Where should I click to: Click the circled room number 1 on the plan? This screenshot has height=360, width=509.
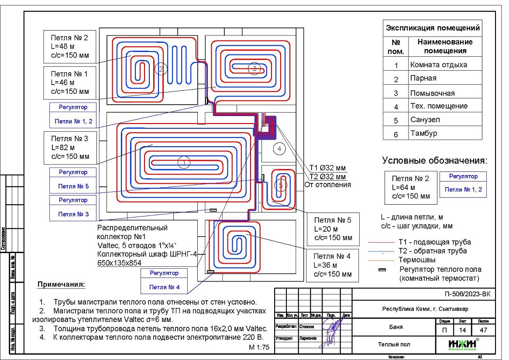point(184,163)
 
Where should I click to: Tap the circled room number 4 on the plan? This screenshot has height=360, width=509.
point(279,149)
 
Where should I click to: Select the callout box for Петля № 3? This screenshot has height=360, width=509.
point(70,147)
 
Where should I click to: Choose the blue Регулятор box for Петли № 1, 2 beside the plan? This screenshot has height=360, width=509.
point(73,114)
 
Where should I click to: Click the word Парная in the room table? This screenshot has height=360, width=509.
point(423,79)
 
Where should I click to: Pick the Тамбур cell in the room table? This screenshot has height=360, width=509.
point(423,133)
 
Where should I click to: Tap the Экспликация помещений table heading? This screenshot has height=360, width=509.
point(433,28)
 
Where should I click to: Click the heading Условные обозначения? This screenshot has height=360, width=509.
point(434,161)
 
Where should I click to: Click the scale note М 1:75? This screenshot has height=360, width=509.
point(259,348)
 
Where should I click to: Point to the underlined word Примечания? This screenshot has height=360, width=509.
point(62,285)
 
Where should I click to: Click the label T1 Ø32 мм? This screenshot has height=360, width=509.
point(327,168)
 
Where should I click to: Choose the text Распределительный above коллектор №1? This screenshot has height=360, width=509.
point(132,228)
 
